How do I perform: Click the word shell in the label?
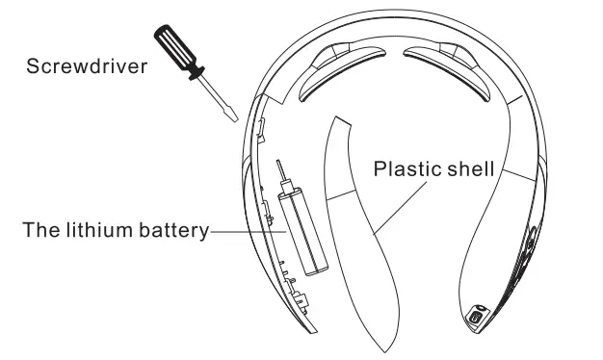[x=469, y=168]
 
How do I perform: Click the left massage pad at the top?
[x=337, y=72]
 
